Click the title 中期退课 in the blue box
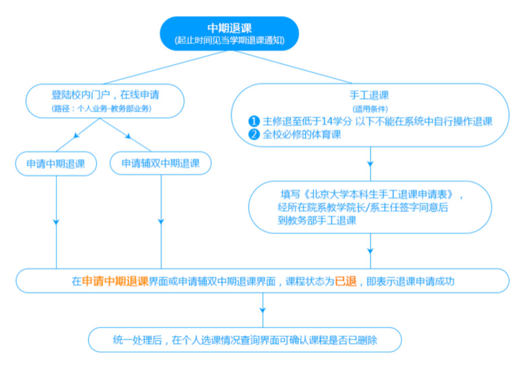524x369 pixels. tap(229, 28)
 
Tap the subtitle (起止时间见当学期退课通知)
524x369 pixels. tap(229, 40)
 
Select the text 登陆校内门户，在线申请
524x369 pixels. tap(105, 95)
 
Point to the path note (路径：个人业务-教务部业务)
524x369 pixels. tap(101, 108)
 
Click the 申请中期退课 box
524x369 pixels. tap(56, 164)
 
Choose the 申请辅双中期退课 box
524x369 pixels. tap(160, 163)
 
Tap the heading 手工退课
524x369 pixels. tap(369, 95)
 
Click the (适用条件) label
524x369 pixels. tap(370, 109)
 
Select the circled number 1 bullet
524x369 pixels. tap(254, 121)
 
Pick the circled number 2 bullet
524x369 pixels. tap(254, 134)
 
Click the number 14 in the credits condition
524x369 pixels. tap(327, 121)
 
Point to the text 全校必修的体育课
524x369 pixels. tap(302, 134)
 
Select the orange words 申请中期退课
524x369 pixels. tap(115, 281)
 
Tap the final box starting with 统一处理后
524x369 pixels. tap(245, 340)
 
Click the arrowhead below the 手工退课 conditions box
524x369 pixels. tap(370, 164)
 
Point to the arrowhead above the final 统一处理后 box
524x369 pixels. tap(263, 310)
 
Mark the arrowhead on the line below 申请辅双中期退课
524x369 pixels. tap(161, 222)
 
